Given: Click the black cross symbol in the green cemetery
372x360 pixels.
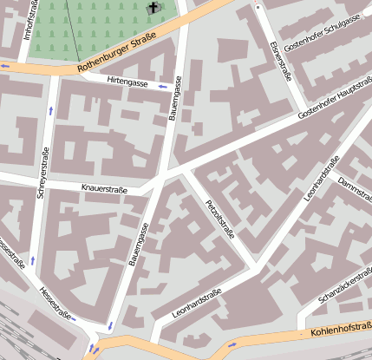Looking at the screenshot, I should point(154,8).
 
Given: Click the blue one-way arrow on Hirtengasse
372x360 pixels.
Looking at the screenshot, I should point(162,86).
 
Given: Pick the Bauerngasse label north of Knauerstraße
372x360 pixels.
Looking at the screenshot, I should point(176,97).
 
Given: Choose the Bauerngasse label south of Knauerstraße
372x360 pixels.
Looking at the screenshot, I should point(138,243).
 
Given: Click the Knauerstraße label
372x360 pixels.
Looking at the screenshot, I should point(105,187).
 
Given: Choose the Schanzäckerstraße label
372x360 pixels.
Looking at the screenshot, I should point(344,287).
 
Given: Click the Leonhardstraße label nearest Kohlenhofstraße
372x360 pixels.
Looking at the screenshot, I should point(197,304).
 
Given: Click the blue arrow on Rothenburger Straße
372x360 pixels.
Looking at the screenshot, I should point(7,65).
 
